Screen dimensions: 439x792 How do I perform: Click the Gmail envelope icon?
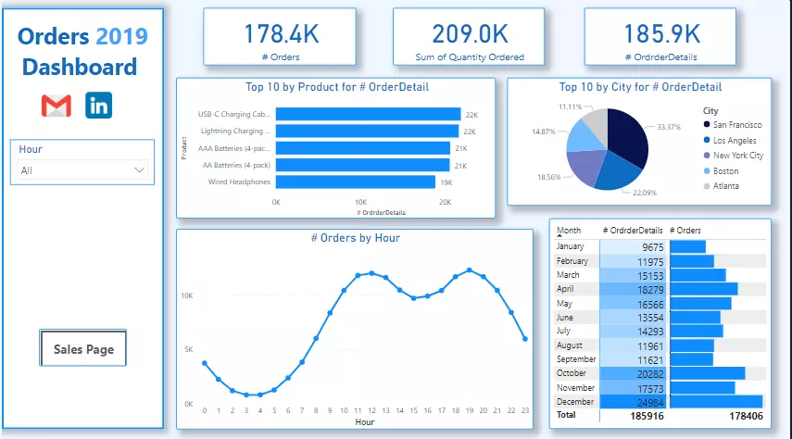tap(57, 106)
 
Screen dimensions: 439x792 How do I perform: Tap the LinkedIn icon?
tap(99, 106)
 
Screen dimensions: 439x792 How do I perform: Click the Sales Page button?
tap(83, 349)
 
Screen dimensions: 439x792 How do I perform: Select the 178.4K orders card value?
tap(281, 34)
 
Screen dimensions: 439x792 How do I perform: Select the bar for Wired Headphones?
tap(356, 182)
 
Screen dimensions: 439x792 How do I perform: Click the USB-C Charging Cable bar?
tap(368, 115)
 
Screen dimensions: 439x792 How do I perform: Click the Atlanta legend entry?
tap(726, 186)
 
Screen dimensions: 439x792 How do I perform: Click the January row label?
tap(572, 246)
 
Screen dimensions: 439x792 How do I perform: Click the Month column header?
tap(569, 230)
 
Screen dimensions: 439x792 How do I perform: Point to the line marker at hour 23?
tap(525, 339)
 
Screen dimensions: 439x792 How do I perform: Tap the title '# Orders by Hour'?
tap(356, 238)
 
